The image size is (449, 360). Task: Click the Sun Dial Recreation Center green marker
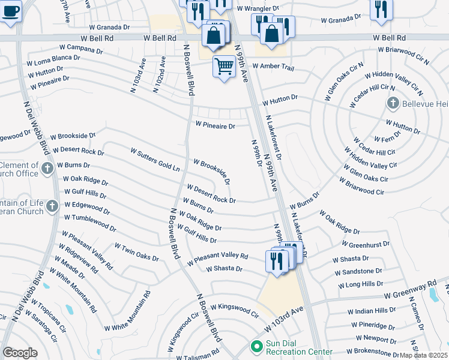(x=257, y=347)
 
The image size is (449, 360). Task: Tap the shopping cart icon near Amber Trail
(x=224, y=66)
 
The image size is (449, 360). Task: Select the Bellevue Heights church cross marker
(x=393, y=103)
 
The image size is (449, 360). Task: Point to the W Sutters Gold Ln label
(x=155, y=159)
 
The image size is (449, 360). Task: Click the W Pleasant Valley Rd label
(x=217, y=259)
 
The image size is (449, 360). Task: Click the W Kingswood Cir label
(x=234, y=310)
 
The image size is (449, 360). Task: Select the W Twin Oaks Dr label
(x=137, y=253)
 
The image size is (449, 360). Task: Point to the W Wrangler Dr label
(x=258, y=9)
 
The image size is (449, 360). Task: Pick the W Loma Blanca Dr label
(x=53, y=61)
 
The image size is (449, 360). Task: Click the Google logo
(x=20, y=353)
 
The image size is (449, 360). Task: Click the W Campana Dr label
(x=82, y=47)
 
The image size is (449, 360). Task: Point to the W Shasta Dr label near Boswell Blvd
(x=224, y=269)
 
